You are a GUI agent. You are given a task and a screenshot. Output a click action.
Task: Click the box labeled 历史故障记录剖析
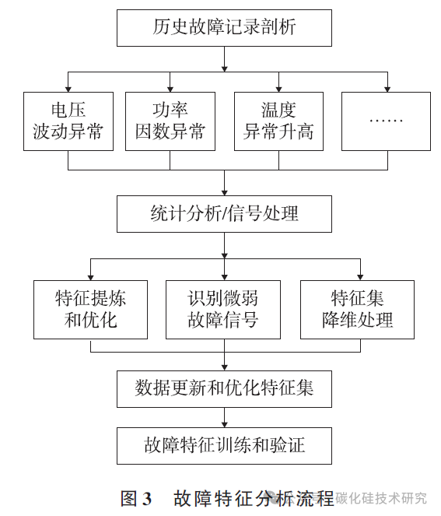[224, 30]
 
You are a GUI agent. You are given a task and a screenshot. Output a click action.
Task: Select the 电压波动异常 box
[68, 121]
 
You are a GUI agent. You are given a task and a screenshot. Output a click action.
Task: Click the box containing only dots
[385, 121]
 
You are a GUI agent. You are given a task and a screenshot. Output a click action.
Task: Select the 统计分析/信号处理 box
[224, 212]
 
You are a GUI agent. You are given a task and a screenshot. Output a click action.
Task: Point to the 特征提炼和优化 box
[90, 309]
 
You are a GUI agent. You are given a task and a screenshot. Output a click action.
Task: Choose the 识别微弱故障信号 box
[224, 309]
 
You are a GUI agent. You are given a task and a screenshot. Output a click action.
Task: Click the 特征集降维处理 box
[358, 309]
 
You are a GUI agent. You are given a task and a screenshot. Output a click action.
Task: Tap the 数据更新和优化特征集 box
[224, 388]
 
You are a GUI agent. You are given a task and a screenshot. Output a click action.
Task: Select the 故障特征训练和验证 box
[224, 445]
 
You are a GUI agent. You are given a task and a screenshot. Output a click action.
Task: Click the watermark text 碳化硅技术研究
[381, 498]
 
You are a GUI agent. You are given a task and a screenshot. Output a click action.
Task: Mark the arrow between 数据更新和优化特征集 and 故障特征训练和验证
[224, 416]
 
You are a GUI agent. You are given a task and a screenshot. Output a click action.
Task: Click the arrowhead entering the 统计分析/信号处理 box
[224, 190]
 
